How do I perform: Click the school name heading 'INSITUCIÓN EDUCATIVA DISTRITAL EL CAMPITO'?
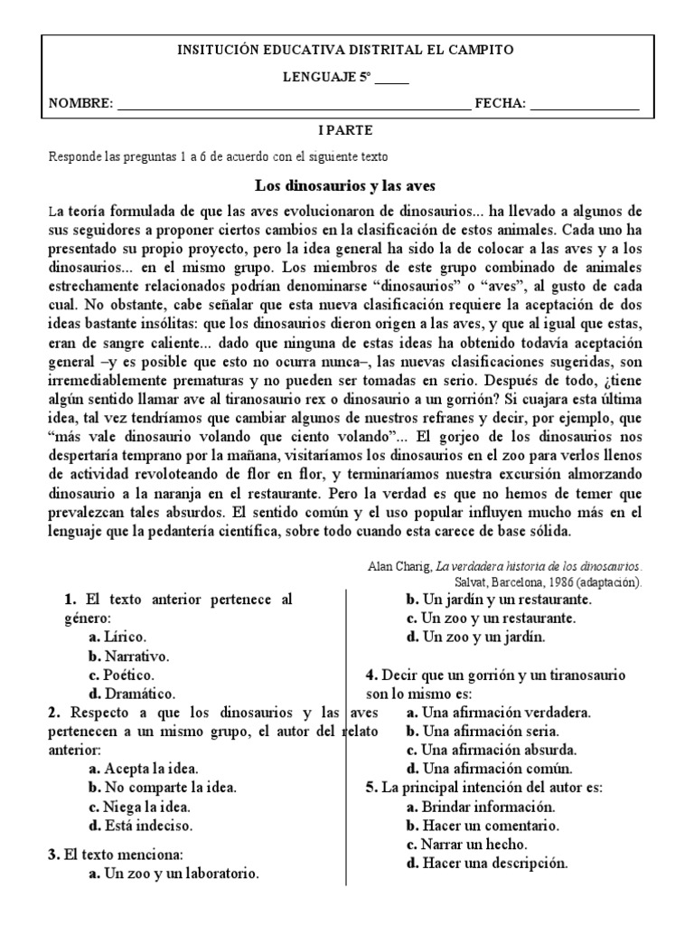tap(347, 51)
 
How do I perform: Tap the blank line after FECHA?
tap(585, 105)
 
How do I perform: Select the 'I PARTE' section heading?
tap(346, 131)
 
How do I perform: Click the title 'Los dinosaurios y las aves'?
tap(346, 186)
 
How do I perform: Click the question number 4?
tap(370, 676)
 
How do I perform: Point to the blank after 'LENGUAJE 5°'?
tap(391, 80)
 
